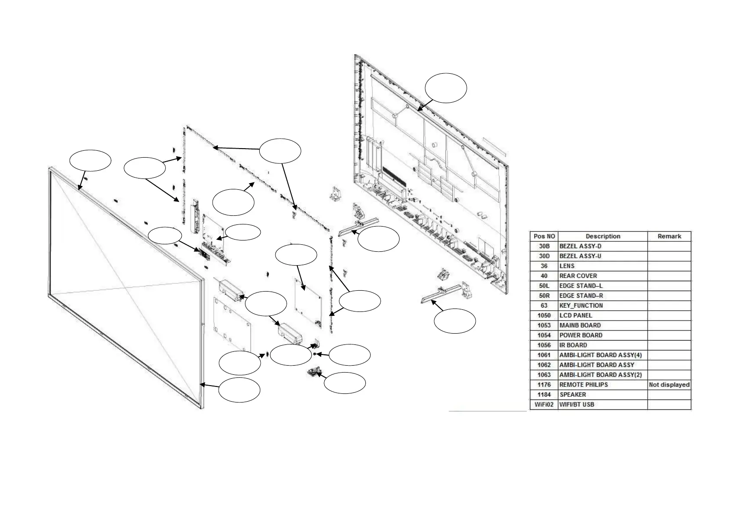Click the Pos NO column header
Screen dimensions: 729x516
pos(544,236)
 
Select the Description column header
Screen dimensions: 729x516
pos(603,236)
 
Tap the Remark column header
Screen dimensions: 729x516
pos(669,236)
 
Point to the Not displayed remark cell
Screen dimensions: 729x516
pos(669,385)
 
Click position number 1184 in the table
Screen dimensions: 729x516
pos(544,395)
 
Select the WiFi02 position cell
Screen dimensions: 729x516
pos(544,405)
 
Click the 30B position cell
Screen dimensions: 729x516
pos(544,246)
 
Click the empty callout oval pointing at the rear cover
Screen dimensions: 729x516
pos(446,88)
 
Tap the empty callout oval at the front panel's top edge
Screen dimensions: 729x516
pos(90,161)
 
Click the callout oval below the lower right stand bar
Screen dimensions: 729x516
pos(455,321)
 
